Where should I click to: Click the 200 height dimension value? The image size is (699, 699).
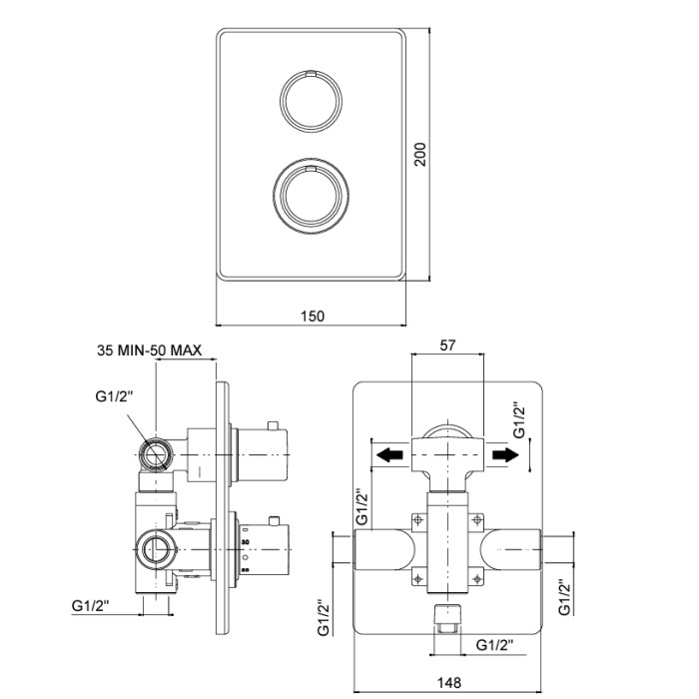pos(420,154)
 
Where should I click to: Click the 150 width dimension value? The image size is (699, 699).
pos(312,317)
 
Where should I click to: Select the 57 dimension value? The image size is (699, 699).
pos(447,346)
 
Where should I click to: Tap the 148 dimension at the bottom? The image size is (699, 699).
pos(448,682)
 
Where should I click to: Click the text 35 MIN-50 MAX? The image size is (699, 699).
pos(150,349)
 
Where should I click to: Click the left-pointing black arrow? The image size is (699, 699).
pos(389,455)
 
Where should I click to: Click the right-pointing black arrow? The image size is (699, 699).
pos(505,455)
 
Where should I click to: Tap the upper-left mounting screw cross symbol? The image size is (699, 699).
pos(417,520)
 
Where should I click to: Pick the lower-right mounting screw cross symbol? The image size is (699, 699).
pos(477,579)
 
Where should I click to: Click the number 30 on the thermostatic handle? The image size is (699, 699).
pos(245,542)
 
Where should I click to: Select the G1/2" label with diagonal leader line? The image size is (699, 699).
pos(115,395)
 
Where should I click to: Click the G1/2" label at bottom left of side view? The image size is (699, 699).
pos(91,605)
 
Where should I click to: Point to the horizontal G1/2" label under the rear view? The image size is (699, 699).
pos(495,645)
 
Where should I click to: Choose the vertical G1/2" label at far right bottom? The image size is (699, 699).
pos(564,597)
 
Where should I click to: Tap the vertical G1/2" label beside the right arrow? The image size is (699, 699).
pos(518,420)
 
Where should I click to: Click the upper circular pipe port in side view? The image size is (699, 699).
pos(156,454)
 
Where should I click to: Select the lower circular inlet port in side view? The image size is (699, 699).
pos(156,549)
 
